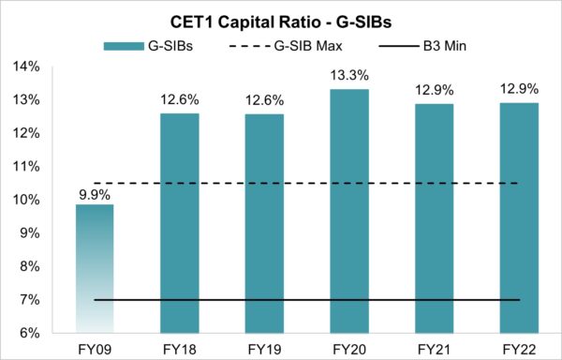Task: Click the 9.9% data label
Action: click(x=95, y=194)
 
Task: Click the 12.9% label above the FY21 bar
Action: click(x=433, y=93)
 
